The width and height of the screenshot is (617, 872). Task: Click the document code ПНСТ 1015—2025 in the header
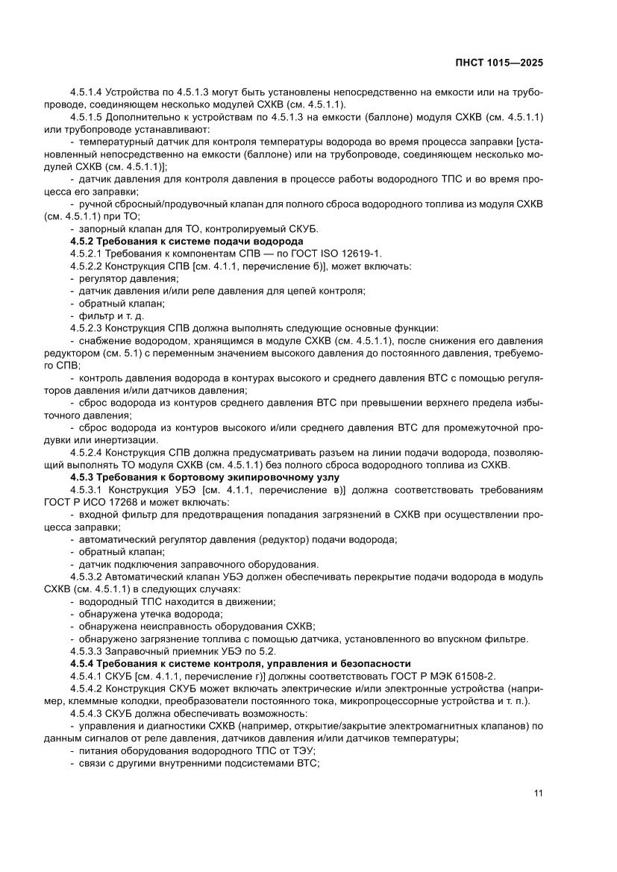(x=499, y=63)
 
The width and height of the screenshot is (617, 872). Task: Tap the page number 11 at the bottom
(x=537, y=793)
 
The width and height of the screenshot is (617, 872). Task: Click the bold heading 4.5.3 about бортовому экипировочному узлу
(x=204, y=477)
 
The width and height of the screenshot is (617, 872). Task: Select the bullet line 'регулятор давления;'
(x=124, y=278)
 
